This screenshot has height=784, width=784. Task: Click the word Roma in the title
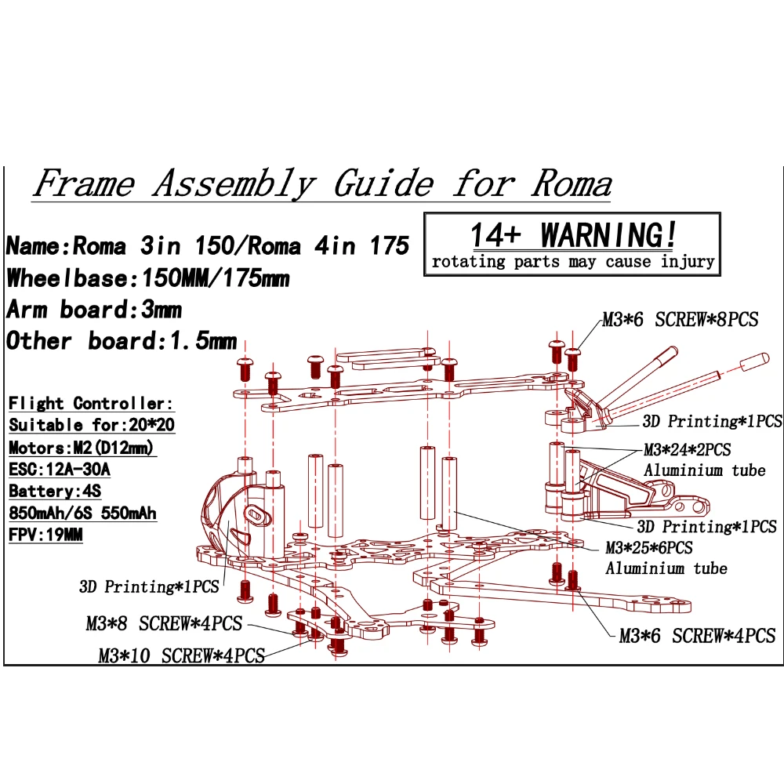572,183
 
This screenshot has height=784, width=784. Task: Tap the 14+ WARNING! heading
573,235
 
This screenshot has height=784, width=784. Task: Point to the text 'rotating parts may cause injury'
573,262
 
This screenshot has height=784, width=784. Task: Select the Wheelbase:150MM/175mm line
148,278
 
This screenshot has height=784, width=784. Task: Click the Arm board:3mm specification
94,310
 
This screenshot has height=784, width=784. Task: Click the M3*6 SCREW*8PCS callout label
680,320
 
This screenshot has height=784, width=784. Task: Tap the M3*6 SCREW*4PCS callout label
697,636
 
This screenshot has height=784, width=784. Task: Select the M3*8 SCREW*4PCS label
164,623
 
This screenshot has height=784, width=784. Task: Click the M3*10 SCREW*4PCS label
182,655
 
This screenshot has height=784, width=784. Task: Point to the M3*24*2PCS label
687,450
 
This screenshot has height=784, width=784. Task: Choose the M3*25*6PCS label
649,548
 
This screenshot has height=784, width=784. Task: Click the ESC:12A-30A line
60,469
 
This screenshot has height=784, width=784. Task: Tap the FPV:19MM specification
45,535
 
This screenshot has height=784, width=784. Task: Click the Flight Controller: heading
91,403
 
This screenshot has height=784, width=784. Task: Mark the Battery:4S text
55,491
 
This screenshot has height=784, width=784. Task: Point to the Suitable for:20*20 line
92,424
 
